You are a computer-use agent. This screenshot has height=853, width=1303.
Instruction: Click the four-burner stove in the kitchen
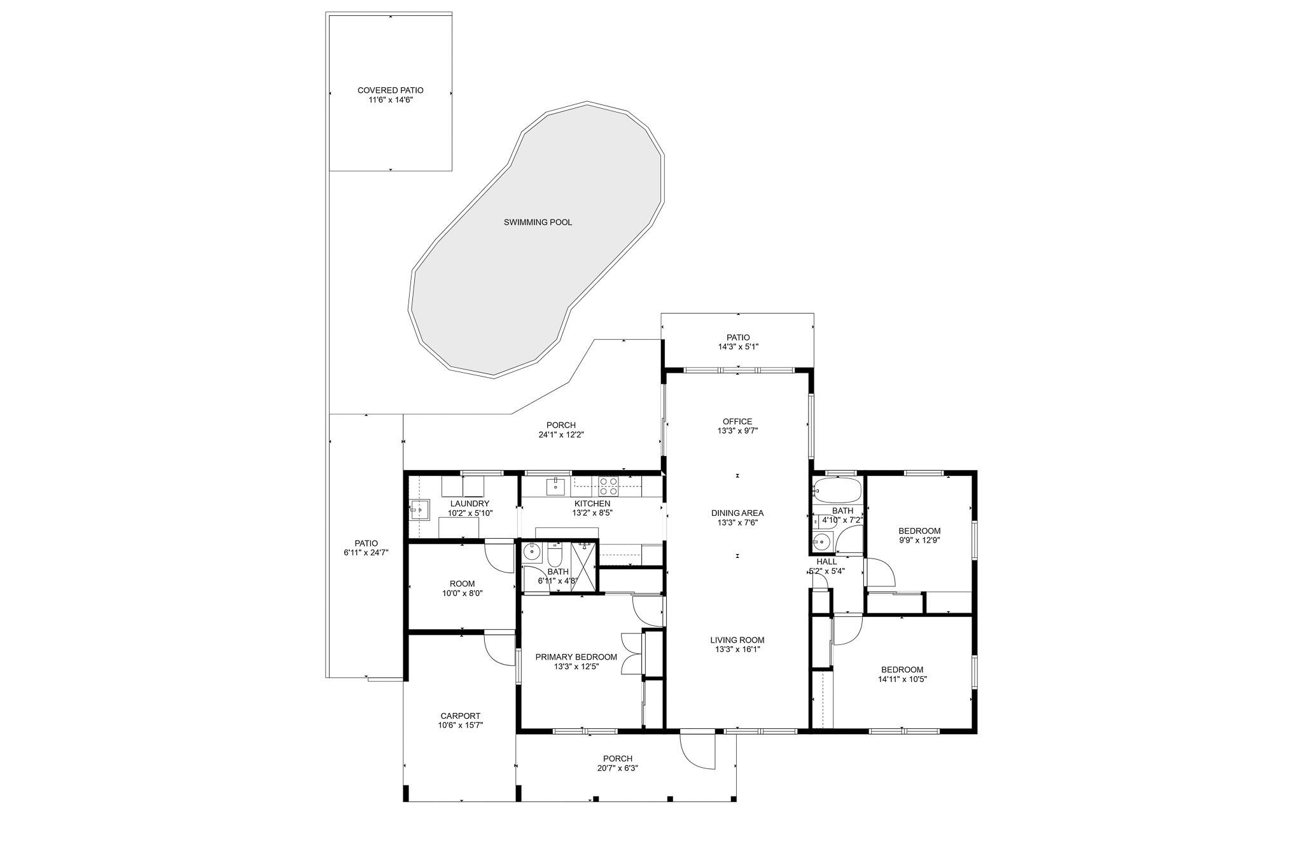608,487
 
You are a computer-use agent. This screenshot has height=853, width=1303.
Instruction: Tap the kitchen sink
555,487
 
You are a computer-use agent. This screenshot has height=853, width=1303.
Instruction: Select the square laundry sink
419,510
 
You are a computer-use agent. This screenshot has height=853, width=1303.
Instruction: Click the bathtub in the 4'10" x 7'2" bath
837,491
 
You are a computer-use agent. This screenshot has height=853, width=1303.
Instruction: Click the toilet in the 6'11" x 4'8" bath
554,555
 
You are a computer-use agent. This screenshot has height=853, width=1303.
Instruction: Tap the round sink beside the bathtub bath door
822,543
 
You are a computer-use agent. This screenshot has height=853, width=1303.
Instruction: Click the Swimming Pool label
538,222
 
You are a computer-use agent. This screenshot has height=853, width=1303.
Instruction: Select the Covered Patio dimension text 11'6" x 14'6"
391,100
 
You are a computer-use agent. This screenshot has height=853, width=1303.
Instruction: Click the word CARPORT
460,716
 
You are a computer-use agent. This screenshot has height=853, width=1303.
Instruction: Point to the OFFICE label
737,421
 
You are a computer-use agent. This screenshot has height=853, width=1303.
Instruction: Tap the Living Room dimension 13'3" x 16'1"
737,649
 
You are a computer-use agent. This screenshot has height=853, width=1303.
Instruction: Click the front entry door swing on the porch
697,751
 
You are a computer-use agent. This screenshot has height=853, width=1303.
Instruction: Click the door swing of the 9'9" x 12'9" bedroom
880,572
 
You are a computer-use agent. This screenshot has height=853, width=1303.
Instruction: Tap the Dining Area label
737,513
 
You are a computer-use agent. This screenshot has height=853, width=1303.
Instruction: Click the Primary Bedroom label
576,657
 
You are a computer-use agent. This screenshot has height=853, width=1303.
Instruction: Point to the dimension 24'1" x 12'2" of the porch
561,435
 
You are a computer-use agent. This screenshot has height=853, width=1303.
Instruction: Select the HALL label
826,562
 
